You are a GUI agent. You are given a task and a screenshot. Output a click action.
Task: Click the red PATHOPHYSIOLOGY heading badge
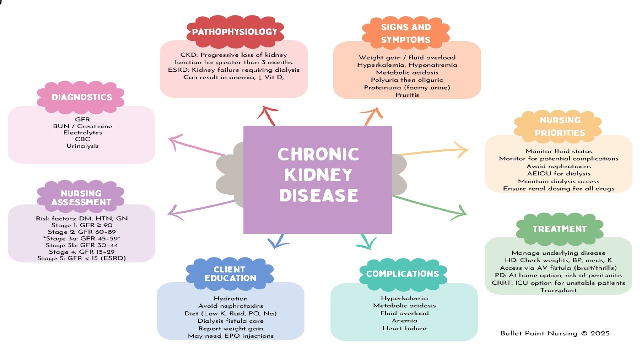click(x=235, y=31)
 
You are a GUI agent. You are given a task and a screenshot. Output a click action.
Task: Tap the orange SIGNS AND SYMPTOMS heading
click(x=406, y=33)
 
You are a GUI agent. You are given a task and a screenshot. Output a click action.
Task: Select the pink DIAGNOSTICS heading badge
click(x=81, y=97)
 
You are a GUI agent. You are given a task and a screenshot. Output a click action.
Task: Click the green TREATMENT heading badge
click(x=559, y=229)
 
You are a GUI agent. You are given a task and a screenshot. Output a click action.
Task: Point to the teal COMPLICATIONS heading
click(x=403, y=274)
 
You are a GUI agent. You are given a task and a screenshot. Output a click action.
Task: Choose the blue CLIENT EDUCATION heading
click(x=230, y=274)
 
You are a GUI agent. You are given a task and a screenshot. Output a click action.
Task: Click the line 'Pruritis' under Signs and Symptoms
click(x=407, y=95)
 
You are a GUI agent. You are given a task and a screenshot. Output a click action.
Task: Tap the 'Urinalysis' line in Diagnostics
click(x=82, y=146)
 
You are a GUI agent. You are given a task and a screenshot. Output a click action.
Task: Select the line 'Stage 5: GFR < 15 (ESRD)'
click(x=82, y=258)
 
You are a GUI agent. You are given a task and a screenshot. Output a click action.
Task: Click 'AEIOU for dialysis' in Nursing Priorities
click(x=559, y=173)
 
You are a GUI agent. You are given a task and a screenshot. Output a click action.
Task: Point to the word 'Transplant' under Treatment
click(x=558, y=290)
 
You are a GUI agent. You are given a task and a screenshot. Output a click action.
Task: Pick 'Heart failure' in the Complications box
click(x=404, y=328)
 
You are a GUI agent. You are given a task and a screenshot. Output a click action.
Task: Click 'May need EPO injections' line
click(x=231, y=336)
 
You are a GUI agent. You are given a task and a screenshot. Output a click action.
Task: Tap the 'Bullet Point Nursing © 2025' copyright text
click(x=555, y=333)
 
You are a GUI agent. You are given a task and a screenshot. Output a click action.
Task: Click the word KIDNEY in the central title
click(x=318, y=175)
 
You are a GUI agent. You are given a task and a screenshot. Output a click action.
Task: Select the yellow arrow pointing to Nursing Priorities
click(x=433, y=151)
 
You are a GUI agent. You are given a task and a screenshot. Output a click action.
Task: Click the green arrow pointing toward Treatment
click(x=430, y=205)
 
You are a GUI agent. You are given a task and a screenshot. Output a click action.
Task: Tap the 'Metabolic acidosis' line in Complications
click(x=404, y=306)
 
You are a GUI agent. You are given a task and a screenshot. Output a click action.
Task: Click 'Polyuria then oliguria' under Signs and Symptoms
click(x=407, y=80)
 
